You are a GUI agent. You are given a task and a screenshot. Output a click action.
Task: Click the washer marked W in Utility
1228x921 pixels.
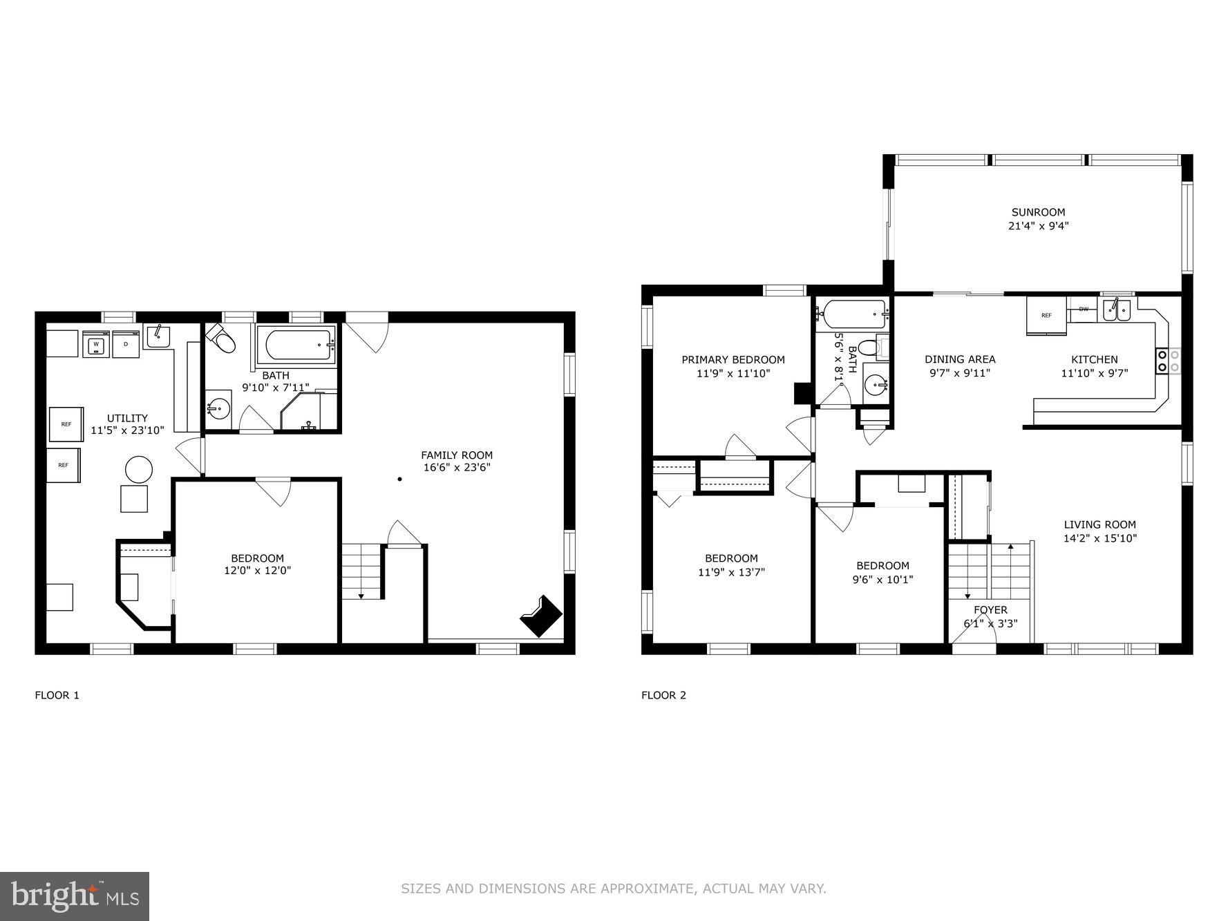[x=96, y=344]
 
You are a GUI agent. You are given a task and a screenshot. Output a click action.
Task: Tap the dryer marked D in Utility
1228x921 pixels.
[x=126, y=344]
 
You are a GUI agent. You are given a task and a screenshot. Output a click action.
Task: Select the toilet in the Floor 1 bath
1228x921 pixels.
[x=223, y=339]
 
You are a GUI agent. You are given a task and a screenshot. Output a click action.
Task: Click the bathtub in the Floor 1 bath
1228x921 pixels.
[x=296, y=344]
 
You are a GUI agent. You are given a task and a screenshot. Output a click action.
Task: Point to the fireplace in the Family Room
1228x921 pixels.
[x=541, y=615]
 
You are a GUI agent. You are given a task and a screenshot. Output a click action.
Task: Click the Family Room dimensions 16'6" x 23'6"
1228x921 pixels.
[x=457, y=468]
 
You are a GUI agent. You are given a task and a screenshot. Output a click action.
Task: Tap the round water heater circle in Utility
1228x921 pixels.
[x=138, y=470]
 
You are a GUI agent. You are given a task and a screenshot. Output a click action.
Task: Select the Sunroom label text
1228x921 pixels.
[x=1038, y=212]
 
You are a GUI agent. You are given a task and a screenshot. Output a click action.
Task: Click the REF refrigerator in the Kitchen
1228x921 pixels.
[x=1046, y=316]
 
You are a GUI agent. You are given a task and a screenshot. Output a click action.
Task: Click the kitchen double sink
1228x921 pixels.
[x=1117, y=310]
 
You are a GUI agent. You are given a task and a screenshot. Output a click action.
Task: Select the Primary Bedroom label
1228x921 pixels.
[x=733, y=359]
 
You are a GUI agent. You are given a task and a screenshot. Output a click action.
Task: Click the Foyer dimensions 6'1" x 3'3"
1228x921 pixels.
[x=990, y=623]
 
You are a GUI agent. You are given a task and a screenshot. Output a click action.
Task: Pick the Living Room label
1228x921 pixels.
[x=1099, y=524]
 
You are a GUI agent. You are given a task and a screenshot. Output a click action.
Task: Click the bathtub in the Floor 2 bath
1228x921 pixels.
[x=851, y=315]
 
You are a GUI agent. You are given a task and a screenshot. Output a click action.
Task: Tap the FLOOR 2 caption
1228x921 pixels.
[x=663, y=695]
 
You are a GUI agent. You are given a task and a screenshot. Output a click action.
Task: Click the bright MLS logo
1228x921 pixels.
[x=75, y=896]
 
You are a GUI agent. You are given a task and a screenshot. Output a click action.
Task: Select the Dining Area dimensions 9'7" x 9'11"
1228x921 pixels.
[x=960, y=373]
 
